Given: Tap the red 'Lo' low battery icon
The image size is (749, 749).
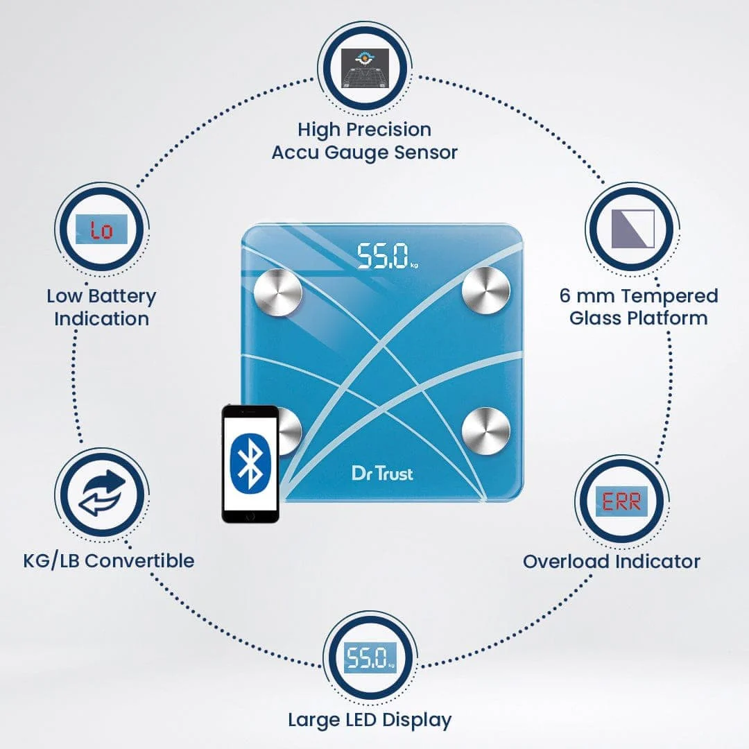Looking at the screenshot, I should click(x=102, y=229).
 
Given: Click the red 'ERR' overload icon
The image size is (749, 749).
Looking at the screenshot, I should click(x=621, y=501).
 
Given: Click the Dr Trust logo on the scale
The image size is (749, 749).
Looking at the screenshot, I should click(x=381, y=473).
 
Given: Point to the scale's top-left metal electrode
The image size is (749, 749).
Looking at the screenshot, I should click(x=279, y=291).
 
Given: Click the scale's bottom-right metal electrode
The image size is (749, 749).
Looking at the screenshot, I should click(x=485, y=430).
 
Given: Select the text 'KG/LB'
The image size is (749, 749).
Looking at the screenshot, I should click(x=49, y=560).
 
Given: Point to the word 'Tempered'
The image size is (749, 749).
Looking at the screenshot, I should click(x=670, y=296).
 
